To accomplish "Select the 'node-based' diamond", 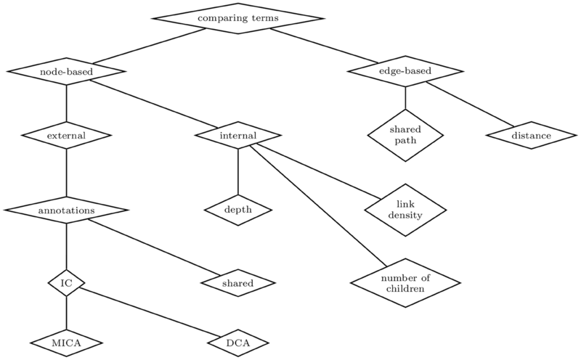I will (x=66, y=71).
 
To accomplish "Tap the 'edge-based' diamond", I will (x=405, y=71).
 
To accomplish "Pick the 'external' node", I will (x=66, y=135).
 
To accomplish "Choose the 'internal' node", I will (x=238, y=135).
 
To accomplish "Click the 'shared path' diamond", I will (x=405, y=135).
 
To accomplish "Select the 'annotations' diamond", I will (x=66, y=210).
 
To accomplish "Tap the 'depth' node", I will (x=238, y=210).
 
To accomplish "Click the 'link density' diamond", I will (x=405, y=210).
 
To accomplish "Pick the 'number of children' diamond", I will (x=405, y=282).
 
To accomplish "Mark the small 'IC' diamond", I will (x=66, y=282).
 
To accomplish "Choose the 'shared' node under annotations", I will (x=238, y=282).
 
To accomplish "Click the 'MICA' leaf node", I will (x=66, y=341).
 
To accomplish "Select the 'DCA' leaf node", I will (x=238, y=341).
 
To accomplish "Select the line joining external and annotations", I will (x=66, y=173).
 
